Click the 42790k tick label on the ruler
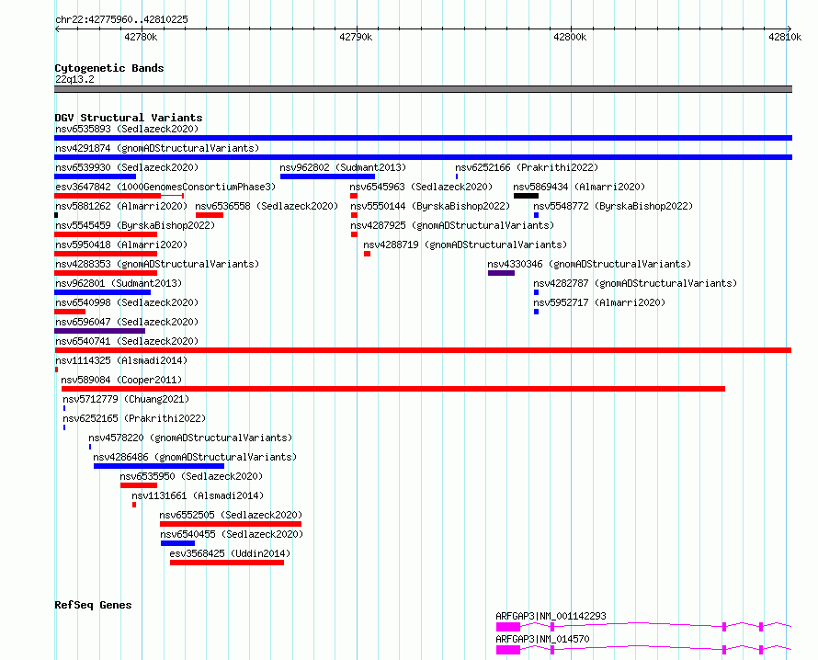point(356,37)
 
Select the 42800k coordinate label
point(570,37)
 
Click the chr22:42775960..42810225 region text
point(121,19)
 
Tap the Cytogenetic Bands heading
point(109,68)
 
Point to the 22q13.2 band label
point(74,79)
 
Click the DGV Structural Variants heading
point(129,118)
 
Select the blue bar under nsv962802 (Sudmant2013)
point(327,176)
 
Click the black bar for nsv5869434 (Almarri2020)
point(526,196)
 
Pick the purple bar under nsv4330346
point(501,273)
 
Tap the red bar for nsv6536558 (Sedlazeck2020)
point(210,215)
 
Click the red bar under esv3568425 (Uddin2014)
point(227,563)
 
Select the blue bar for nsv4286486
point(159,466)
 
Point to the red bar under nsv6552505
point(230,524)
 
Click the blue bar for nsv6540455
point(177,543)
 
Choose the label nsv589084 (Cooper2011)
point(121,380)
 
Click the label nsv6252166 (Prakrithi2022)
point(527,167)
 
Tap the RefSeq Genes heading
point(93,605)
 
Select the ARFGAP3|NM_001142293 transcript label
point(551,616)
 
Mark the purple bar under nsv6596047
point(99,331)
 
